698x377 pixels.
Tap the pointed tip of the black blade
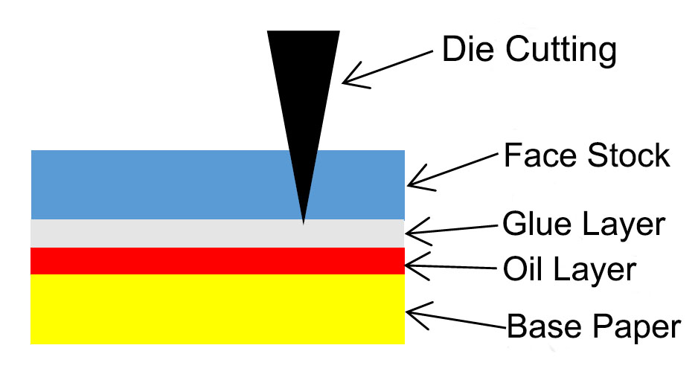coord(304,222)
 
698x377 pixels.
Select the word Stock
coord(627,156)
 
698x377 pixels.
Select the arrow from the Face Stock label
coord(451,169)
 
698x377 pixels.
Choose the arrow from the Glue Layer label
coord(450,230)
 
